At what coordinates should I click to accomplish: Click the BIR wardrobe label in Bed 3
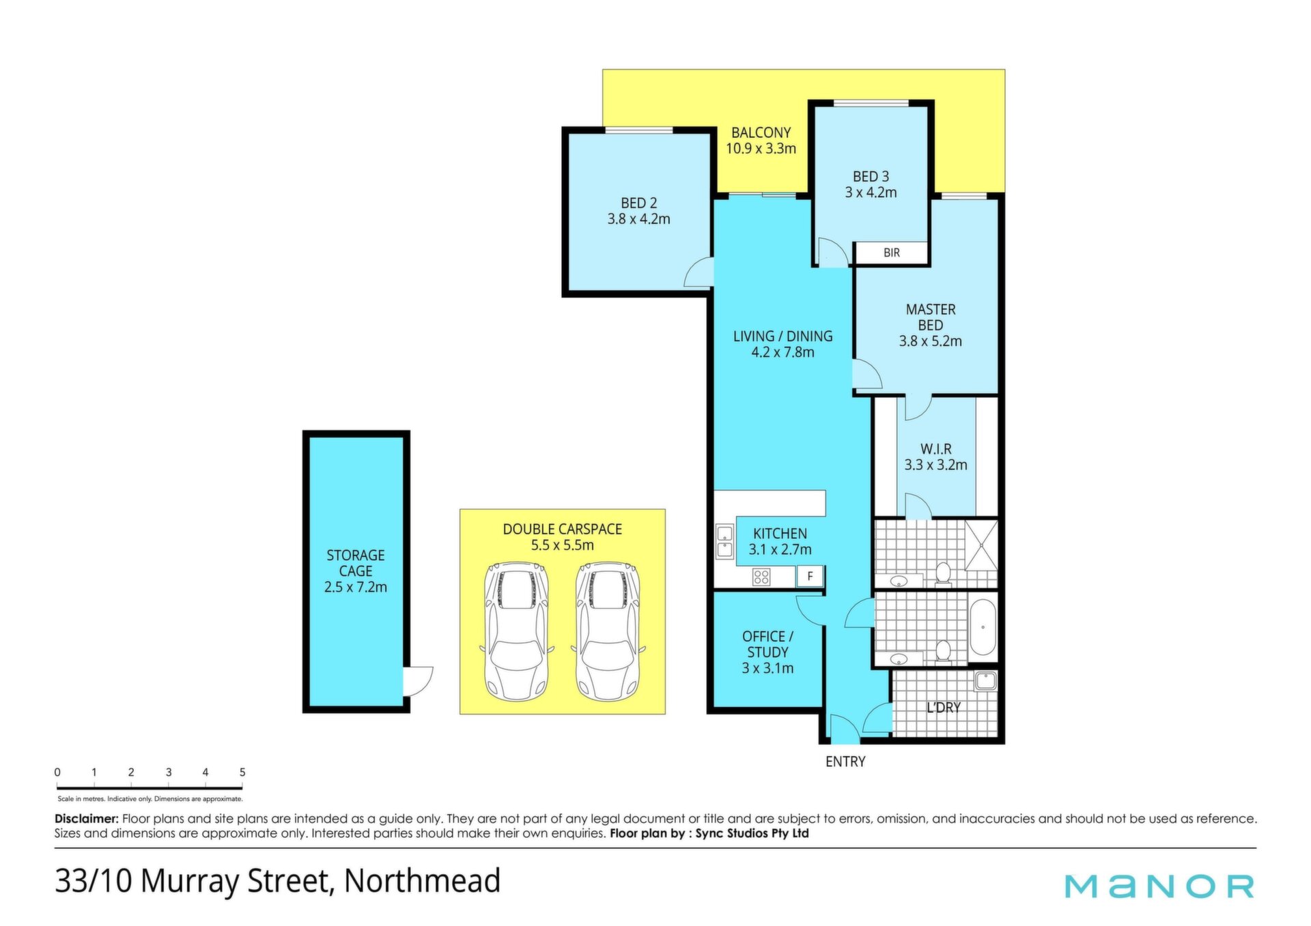pyautogui.click(x=891, y=252)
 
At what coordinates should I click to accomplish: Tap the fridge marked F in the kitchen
pyautogui.click(x=810, y=576)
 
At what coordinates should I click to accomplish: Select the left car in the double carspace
pyautogui.click(x=517, y=631)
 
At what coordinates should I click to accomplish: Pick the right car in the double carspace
pyautogui.click(x=608, y=631)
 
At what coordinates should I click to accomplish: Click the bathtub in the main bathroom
pyautogui.click(x=983, y=627)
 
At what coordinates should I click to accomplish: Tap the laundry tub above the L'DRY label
pyautogui.click(x=985, y=681)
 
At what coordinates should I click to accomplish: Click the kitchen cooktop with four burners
pyautogui.click(x=761, y=577)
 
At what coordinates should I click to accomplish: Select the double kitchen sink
pyautogui.click(x=724, y=541)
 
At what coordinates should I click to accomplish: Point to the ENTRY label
pyautogui.click(x=845, y=762)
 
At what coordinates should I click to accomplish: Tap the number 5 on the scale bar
pyautogui.click(x=242, y=772)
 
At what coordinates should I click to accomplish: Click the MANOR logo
pyautogui.click(x=1159, y=886)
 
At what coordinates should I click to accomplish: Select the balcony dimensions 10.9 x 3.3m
pyautogui.click(x=761, y=149)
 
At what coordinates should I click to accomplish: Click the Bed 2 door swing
pyautogui.click(x=699, y=272)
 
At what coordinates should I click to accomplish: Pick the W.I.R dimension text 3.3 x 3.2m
pyautogui.click(x=935, y=465)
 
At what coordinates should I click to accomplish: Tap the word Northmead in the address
pyautogui.click(x=422, y=880)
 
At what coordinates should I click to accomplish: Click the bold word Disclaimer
pyautogui.click(x=87, y=818)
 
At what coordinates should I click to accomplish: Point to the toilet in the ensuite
pyautogui.click(x=943, y=574)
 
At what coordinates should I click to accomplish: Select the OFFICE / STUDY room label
pyautogui.click(x=767, y=644)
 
